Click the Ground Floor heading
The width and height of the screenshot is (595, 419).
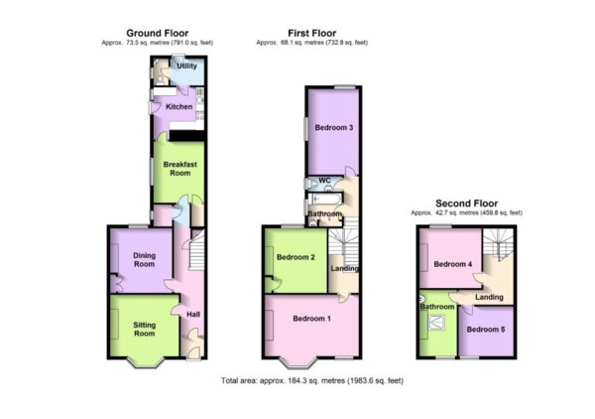[157, 34]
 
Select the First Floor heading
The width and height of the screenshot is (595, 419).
[312, 34]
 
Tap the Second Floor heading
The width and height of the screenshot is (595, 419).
[466, 204]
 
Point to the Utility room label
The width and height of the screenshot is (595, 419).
[187, 66]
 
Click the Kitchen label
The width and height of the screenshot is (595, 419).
[179, 107]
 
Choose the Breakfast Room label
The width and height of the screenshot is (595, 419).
[180, 169]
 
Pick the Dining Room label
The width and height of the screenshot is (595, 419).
[144, 260]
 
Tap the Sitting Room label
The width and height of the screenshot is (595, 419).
[144, 330]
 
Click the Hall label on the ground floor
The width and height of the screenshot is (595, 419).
[193, 314]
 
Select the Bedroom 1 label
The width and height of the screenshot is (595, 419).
[311, 319]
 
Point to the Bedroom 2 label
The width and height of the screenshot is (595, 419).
[296, 257]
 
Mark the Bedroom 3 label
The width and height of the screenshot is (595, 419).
[334, 128]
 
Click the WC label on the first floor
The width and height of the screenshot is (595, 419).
[325, 181]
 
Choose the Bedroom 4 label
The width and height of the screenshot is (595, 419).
[453, 264]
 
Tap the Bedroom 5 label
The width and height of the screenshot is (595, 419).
[486, 330]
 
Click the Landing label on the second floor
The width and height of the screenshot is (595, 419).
[490, 297]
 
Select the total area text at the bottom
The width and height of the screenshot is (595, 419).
[312, 380]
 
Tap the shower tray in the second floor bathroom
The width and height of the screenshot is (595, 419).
[437, 323]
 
